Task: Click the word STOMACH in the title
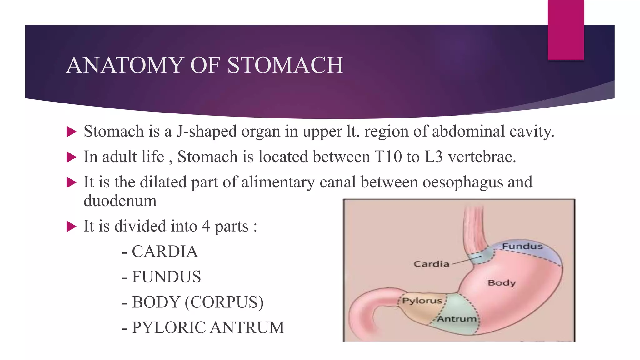click(285, 65)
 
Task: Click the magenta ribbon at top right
click(566, 30)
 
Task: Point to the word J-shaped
click(206, 131)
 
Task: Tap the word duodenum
click(120, 201)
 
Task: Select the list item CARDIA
click(164, 252)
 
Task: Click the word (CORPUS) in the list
click(224, 302)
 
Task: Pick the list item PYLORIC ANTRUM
click(208, 327)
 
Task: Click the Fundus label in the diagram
click(522, 247)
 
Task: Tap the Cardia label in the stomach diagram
click(431, 264)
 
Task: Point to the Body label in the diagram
click(502, 283)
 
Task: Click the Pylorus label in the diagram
click(422, 301)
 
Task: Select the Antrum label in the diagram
click(457, 319)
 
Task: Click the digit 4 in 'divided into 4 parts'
click(206, 226)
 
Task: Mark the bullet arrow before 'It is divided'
click(71, 227)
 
